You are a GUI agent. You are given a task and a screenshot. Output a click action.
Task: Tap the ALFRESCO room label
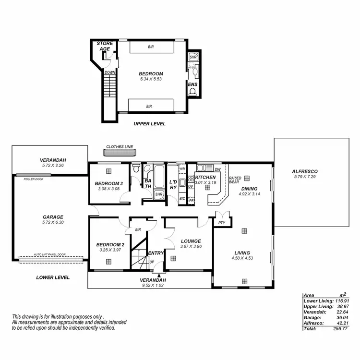305,171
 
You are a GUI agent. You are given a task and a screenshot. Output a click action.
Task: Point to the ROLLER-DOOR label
33,179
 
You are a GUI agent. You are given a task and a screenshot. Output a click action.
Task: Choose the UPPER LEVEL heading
149,123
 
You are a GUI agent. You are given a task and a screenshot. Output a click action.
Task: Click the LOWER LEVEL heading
53,277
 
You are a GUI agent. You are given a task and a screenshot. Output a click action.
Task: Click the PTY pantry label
221,223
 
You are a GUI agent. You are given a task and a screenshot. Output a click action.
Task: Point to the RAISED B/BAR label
235,180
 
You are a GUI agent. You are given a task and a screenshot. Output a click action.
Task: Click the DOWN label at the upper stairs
109,72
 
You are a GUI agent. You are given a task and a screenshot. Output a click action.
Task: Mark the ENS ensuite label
192,84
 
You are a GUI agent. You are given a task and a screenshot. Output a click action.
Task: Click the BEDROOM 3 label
108,184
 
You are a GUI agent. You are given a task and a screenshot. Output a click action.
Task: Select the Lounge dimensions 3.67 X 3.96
191,247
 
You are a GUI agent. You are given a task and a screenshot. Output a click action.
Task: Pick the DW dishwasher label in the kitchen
217,169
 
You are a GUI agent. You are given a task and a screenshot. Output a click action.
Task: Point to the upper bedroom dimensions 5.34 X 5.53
151,79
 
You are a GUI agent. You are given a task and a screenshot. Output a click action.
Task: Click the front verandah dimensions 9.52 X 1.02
153,285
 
